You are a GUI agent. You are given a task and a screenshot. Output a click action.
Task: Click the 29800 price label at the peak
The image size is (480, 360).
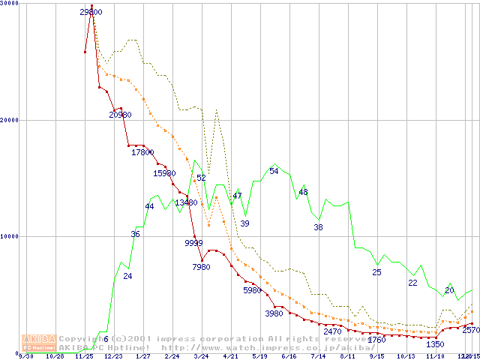91,12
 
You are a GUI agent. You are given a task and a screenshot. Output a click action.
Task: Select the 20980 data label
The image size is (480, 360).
121,115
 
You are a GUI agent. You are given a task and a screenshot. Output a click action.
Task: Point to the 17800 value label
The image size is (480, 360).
142,152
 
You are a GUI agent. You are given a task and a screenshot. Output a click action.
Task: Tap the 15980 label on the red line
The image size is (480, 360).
164,173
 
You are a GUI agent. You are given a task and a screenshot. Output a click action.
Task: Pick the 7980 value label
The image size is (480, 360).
201,266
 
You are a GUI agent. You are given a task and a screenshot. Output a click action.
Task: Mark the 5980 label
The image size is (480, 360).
254,289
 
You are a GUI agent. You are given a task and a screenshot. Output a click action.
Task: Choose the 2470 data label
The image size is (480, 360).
332,331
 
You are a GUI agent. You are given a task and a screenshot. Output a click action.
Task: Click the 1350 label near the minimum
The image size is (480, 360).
435,344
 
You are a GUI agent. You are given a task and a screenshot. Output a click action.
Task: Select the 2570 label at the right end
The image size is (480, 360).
471,330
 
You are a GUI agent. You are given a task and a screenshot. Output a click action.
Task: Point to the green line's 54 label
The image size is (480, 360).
274,171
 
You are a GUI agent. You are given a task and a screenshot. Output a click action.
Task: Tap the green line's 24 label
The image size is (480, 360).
127,276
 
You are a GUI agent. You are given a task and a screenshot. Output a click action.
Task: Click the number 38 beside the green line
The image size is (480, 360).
318,226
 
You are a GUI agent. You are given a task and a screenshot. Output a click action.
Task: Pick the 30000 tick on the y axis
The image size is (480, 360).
9,4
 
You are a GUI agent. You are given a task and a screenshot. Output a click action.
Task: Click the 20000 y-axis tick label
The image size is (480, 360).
9,120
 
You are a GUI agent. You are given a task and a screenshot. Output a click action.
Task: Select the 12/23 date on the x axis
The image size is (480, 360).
113,356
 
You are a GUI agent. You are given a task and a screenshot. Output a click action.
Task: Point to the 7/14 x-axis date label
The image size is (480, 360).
318,356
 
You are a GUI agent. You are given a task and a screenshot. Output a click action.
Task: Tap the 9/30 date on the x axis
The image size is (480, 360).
25,356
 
